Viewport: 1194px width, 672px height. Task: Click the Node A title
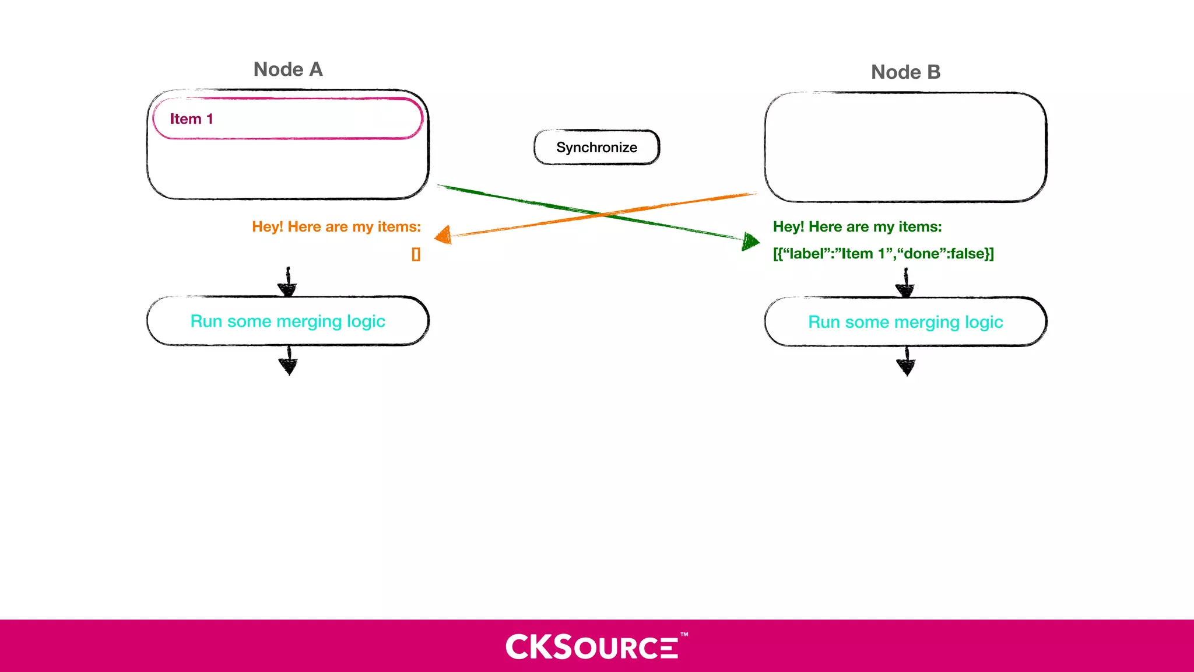288,69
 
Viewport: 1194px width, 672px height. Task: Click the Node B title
905,72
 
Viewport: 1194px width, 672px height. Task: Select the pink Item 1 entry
287,119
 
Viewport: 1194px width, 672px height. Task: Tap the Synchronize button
596,148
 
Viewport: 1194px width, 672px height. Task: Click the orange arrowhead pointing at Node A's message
444,235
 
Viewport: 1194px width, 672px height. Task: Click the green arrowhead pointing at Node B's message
750,240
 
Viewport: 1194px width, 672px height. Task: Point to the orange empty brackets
416,254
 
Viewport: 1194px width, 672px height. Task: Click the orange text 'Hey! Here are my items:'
336,227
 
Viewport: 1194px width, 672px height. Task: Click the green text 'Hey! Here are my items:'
857,227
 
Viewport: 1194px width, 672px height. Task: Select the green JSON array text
883,254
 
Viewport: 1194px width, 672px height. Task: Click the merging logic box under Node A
288,321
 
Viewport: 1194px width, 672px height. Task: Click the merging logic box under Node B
905,322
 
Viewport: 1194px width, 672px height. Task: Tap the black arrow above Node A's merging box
288,282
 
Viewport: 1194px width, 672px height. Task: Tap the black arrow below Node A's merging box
289,361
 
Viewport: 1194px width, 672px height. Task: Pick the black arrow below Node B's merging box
906,362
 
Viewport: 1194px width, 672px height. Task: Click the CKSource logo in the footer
592,647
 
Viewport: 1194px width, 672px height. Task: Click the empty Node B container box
905,147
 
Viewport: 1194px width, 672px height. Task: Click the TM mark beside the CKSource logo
684,634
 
